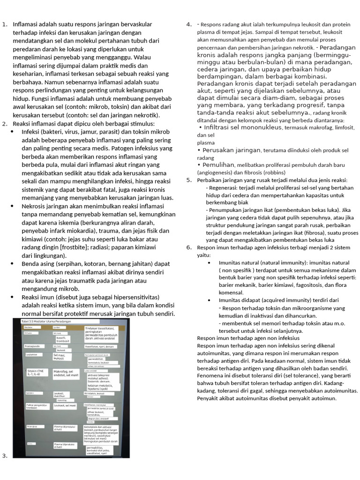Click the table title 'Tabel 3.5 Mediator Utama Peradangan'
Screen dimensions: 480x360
[47, 321]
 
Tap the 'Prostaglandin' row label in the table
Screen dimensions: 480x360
[35, 346]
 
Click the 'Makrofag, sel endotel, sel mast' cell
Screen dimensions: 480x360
[66, 373]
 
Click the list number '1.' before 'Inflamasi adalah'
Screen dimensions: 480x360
[5, 24]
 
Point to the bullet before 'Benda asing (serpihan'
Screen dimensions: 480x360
[12, 264]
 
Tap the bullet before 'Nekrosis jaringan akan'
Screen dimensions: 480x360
[12, 206]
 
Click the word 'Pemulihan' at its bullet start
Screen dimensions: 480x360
[219, 165]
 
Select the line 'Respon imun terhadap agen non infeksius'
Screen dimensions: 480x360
[248, 338]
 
